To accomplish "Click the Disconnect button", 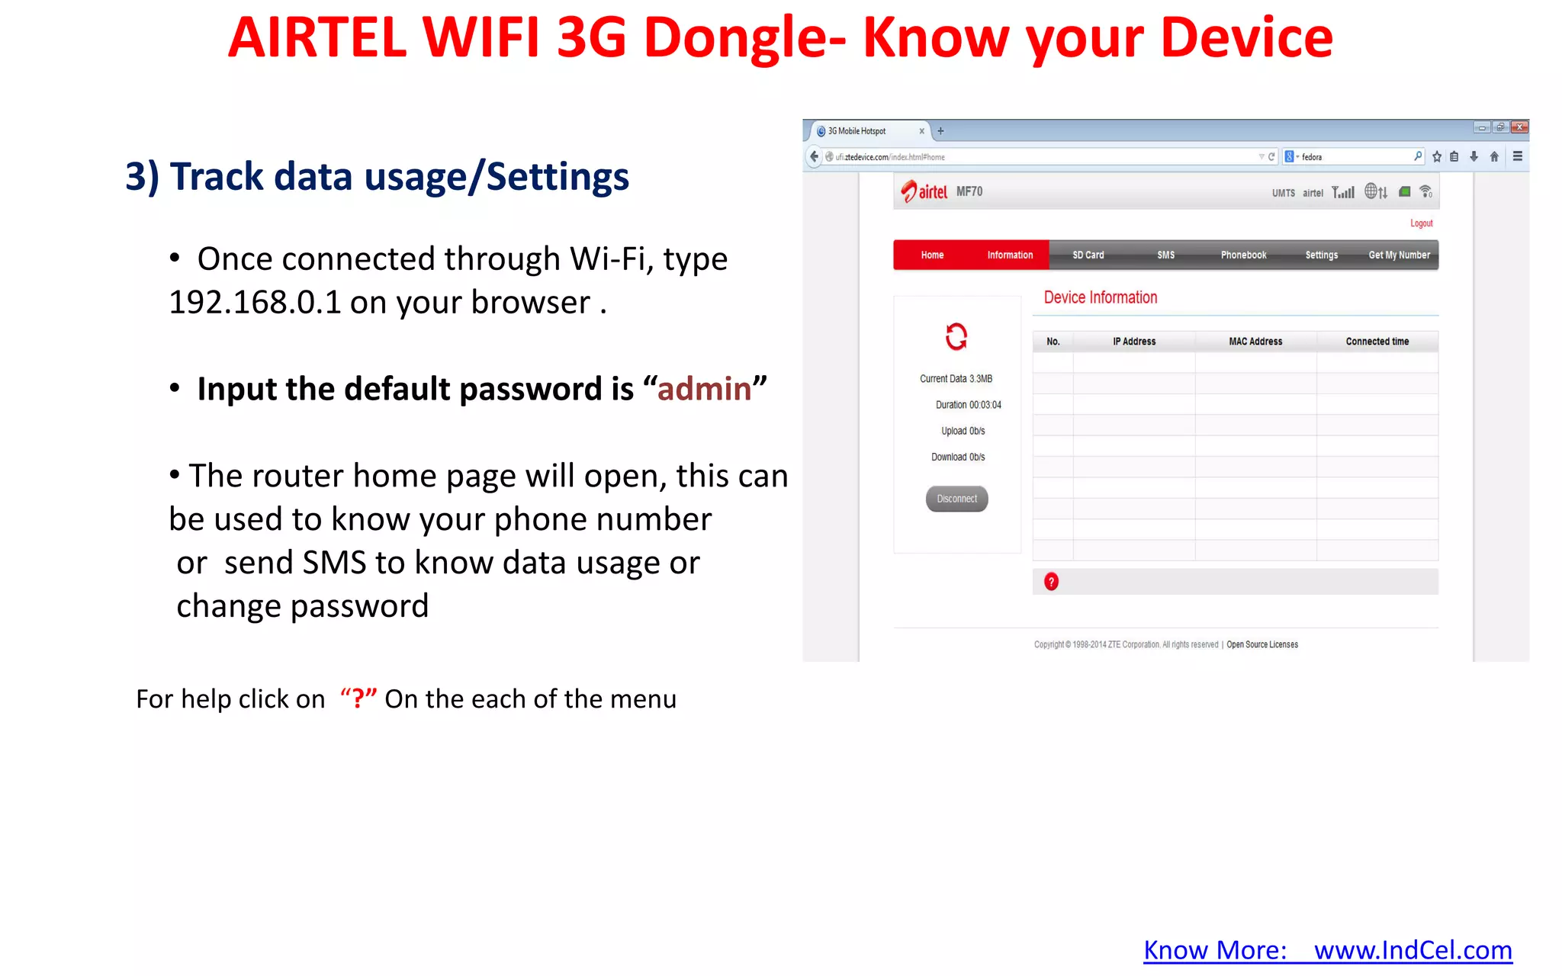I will pyautogui.click(x=956, y=499).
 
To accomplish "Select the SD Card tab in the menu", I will pyautogui.click(x=1088, y=255).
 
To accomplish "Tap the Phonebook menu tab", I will pyautogui.click(x=1243, y=255).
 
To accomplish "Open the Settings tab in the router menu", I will pyautogui.click(x=1321, y=255).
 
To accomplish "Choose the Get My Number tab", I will pyautogui.click(x=1399, y=255).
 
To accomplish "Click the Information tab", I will pyautogui.click(x=1010, y=255).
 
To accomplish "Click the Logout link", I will pyautogui.click(x=1421, y=223).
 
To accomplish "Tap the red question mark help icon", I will pyautogui.click(x=1051, y=582).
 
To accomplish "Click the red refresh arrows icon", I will pyautogui.click(x=956, y=336).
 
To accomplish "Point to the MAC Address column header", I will pyautogui.click(x=1255, y=342).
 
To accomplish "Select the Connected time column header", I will pyautogui.click(x=1377, y=342).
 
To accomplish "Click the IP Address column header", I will pyautogui.click(x=1134, y=342).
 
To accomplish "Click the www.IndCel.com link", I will pyautogui.click(x=1413, y=950).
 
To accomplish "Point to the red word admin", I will pyautogui.click(x=704, y=389).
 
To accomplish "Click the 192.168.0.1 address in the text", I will pyautogui.click(x=255, y=303).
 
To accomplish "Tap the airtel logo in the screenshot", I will pyautogui.click(x=924, y=191).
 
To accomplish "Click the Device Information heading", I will pyautogui.click(x=1100, y=297).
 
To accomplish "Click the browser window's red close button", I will pyautogui.click(x=1519, y=127).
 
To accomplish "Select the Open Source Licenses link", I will pyautogui.click(x=1261, y=644).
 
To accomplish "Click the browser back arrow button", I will pyautogui.click(x=814, y=156).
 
